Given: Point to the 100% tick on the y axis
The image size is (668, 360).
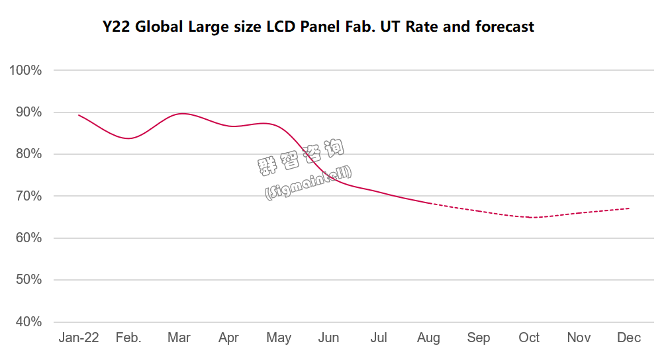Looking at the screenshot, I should point(26,70).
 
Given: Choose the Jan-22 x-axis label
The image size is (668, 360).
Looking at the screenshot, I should point(79,338).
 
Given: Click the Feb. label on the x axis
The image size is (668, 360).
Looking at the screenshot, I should point(128,338).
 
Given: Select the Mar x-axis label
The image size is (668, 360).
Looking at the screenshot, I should point(179,338).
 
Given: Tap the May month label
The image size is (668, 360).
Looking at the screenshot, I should point(279,338).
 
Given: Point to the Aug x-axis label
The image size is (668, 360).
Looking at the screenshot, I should point(429,338).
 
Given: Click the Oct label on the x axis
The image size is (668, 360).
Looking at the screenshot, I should point(529,338).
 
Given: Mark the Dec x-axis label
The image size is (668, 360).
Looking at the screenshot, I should point(629,338).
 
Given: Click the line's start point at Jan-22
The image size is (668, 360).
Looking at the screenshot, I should point(79,115).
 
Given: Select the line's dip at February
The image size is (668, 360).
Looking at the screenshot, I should point(129,138).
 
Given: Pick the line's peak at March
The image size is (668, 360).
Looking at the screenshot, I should point(181,113).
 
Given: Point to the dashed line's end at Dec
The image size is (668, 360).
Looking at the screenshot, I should point(629,208).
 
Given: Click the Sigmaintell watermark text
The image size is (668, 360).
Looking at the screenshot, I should point(309,183).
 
